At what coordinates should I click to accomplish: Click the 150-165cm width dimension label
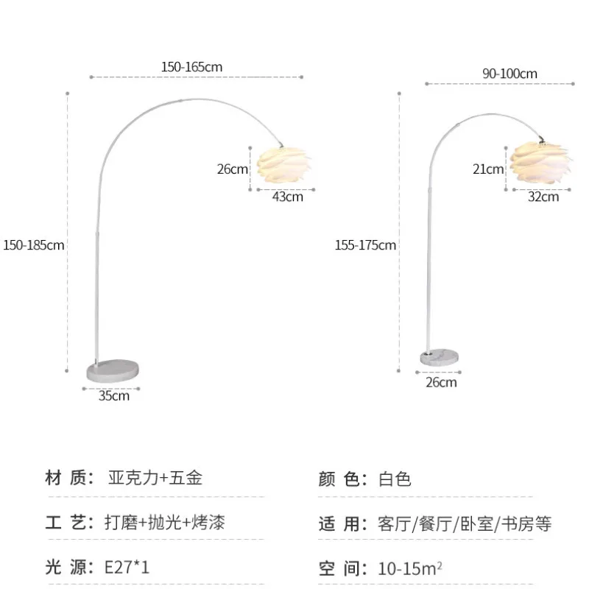pos(192,67)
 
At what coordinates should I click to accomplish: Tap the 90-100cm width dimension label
pos(509,74)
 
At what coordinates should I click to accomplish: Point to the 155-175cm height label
pos(365,244)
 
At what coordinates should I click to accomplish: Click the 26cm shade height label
pos(232,169)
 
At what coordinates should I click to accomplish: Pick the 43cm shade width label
pos(288,196)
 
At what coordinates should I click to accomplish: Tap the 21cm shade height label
pos(488,169)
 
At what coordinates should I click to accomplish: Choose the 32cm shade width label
pos(543,196)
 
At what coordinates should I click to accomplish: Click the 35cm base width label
pos(114,395)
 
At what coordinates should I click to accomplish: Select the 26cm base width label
pos(441,381)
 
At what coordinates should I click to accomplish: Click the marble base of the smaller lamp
pos(440,358)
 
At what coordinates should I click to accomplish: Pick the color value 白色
pos(395,479)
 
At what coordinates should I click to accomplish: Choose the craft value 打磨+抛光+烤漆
pos(165,523)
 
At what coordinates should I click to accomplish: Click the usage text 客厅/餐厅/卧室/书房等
pos(465,523)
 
